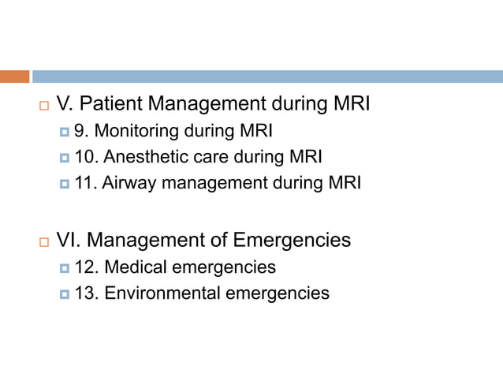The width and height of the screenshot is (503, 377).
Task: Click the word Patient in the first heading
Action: (114, 104)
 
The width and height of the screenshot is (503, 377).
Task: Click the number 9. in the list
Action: (80, 131)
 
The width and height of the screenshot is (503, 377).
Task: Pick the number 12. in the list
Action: (85, 267)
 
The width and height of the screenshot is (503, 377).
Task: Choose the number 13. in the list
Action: (85, 293)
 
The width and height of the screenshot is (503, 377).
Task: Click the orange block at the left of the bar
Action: (14, 77)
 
